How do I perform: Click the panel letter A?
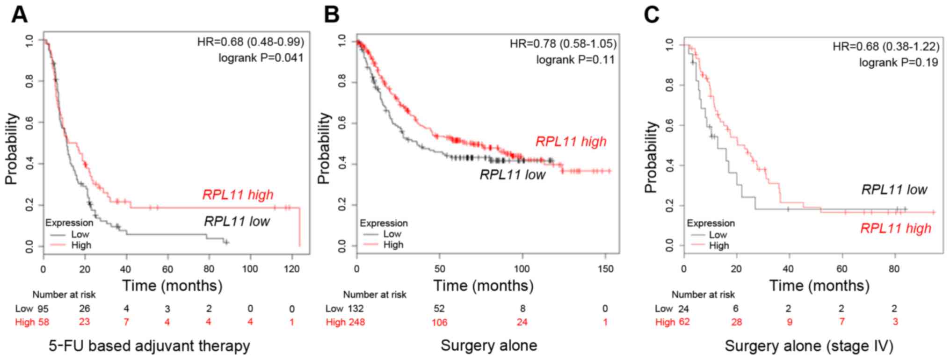point(19,14)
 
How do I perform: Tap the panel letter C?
point(652,14)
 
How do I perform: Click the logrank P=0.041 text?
point(261,58)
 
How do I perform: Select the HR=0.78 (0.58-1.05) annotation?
point(563,43)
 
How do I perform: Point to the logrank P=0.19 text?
point(898,63)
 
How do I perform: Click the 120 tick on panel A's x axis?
point(291,269)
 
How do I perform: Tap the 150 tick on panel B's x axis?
point(605,269)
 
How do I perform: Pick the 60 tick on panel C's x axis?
point(841,269)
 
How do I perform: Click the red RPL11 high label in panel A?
point(238,194)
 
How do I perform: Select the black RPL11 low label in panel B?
point(512,175)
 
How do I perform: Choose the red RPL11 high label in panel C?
point(895,229)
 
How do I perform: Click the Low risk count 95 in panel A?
point(43,309)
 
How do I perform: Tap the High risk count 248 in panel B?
point(355,322)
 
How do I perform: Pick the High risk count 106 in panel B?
point(439,322)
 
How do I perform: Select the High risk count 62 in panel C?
point(684,322)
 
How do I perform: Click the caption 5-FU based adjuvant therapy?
point(149,346)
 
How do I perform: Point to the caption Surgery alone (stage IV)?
point(809,346)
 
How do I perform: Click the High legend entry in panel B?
point(393,245)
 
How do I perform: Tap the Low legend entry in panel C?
point(718,235)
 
